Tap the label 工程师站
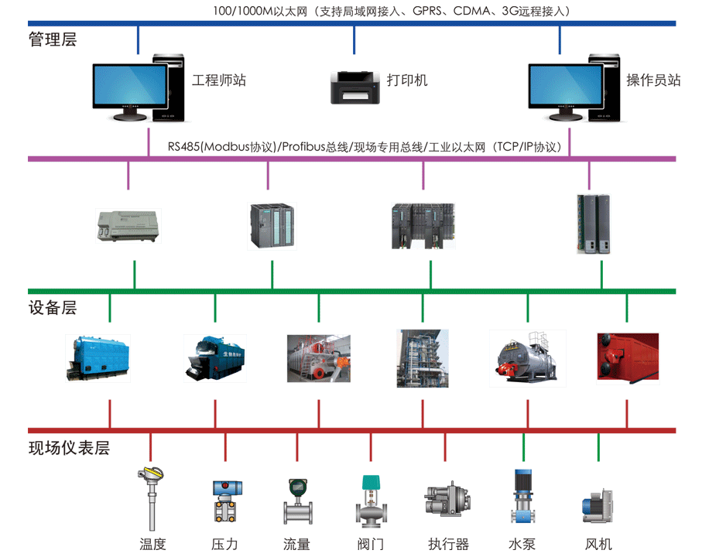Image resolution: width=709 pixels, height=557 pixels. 219,80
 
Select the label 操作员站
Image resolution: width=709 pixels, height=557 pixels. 653,80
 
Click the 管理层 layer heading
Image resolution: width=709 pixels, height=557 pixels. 53,39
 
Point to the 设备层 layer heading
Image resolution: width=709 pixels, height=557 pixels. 53,308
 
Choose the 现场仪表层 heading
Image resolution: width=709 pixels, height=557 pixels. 69,448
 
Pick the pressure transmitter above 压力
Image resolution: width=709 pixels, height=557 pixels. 226,501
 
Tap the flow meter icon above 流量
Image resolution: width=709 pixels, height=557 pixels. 297,502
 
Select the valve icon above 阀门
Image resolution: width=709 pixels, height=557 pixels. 371,501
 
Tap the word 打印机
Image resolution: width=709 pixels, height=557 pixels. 407,80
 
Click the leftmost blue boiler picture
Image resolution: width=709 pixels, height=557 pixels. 97,357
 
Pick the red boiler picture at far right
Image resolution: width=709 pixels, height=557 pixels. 627,357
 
